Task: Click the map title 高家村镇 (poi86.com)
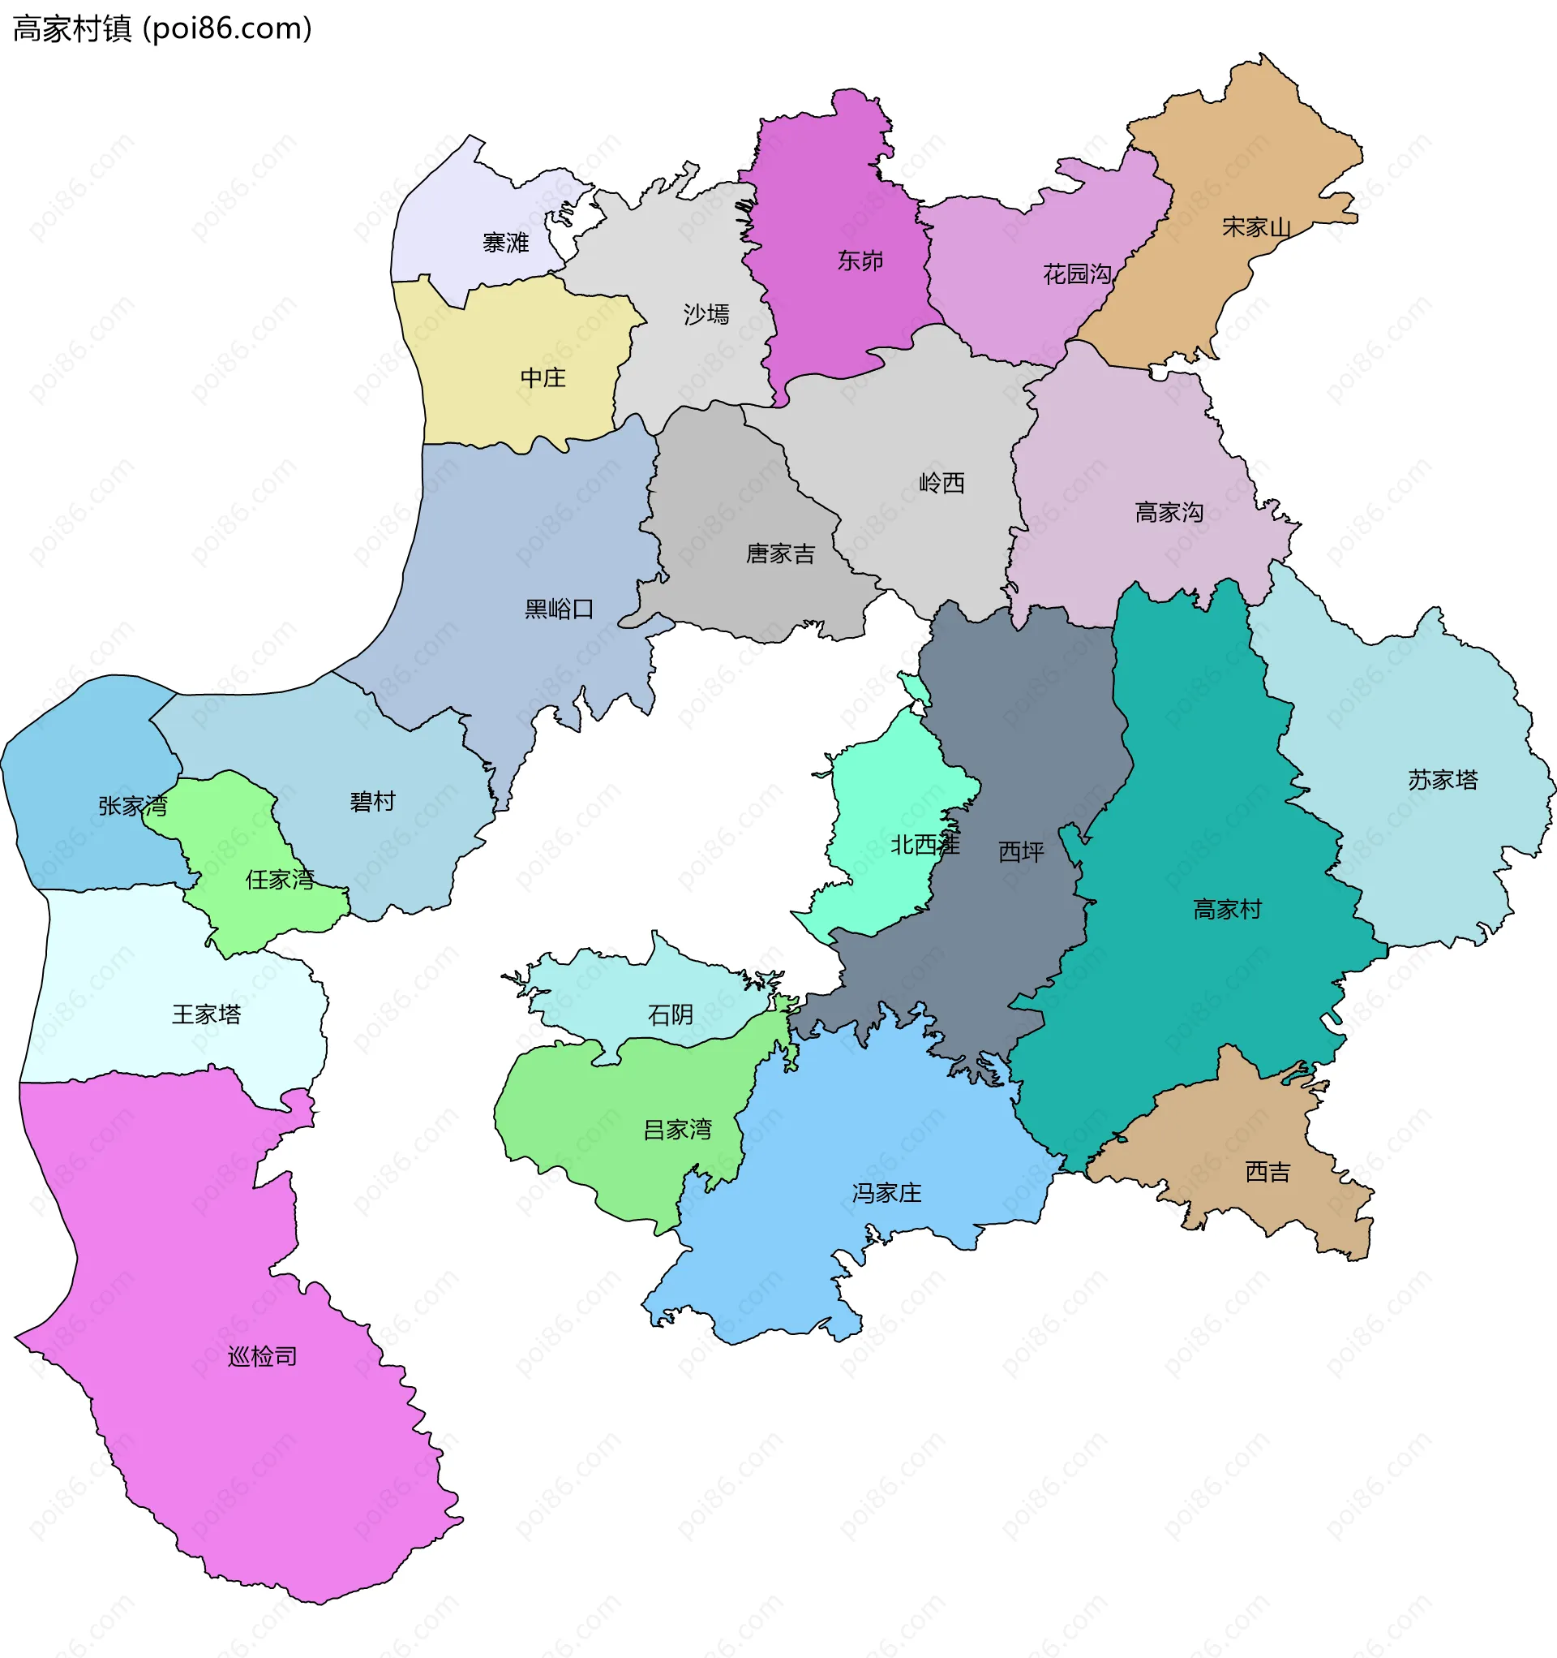(162, 29)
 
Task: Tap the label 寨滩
(506, 243)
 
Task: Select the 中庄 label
(543, 378)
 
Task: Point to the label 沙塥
(706, 314)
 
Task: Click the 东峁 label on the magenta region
(860, 261)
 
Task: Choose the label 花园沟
(1077, 274)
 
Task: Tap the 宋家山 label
(1256, 227)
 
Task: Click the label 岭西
(941, 483)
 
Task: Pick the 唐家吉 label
(780, 553)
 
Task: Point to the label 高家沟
(1169, 512)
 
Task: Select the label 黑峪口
(560, 609)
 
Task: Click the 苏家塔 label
(1443, 780)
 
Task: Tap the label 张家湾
(132, 806)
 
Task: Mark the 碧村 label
(372, 802)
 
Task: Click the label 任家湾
(279, 879)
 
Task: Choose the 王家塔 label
(206, 1014)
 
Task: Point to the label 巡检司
(263, 1356)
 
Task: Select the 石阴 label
(670, 1014)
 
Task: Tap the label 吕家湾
(678, 1129)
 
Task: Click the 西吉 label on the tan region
(1267, 1172)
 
